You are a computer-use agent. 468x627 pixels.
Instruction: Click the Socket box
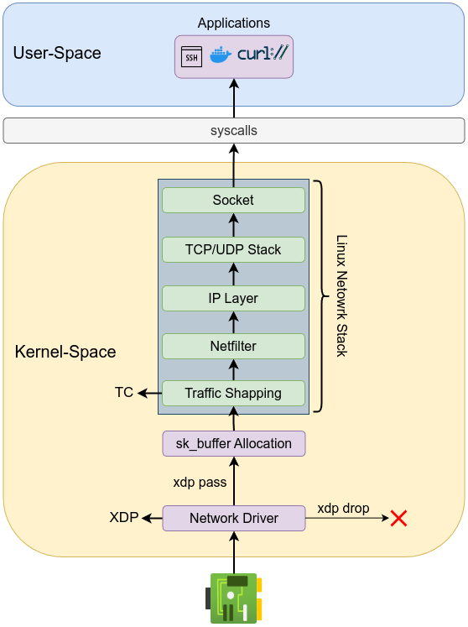pos(233,201)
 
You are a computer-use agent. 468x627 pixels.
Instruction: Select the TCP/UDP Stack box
pos(233,249)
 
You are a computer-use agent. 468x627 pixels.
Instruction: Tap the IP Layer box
pos(233,298)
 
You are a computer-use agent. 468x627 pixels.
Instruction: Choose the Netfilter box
pos(233,345)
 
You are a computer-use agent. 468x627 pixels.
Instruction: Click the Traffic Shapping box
pos(233,393)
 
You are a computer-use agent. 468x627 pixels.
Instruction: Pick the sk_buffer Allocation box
pos(233,443)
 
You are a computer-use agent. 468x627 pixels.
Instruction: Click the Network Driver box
pos(233,518)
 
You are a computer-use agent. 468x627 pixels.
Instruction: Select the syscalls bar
pos(233,131)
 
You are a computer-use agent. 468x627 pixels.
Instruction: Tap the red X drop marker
pos(398,518)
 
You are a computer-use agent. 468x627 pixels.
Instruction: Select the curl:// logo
pos(262,55)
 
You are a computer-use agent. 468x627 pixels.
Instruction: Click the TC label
pos(124,392)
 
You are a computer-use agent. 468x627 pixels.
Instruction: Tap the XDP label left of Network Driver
pos(124,517)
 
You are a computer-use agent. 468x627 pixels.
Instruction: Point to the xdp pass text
pos(200,482)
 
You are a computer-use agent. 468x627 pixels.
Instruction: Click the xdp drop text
pos(343,508)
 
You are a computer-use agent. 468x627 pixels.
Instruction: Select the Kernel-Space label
pos(65,351)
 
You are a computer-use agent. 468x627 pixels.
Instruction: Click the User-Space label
pos(57,53)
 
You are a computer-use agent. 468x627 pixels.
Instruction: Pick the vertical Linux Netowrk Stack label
pos(341,295)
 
